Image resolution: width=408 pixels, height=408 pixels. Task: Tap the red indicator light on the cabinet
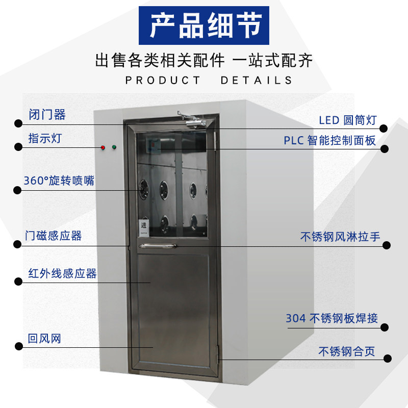(103, 148)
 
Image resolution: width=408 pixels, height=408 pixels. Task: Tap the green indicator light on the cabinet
(114, 148)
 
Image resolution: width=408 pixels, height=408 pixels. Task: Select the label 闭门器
(47, 115)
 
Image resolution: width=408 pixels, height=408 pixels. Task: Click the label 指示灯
(45, 138)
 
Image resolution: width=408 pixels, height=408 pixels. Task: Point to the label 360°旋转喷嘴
(59, 181)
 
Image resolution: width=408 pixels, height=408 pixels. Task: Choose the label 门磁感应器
(54, 236)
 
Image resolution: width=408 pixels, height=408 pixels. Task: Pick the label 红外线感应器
(62, 274)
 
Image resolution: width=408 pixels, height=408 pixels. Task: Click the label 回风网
(44, 338)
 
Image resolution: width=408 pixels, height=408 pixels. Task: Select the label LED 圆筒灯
(347, 120)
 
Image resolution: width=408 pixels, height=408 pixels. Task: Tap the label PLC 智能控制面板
(330, 140)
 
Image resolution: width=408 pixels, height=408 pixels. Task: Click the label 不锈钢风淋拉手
(340, 236)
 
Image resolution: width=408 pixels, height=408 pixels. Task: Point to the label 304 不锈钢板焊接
(331, 318)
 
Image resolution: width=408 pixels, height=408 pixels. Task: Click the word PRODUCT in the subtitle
(163, 80)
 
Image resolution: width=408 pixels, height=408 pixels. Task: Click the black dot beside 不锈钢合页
(387, 359)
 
